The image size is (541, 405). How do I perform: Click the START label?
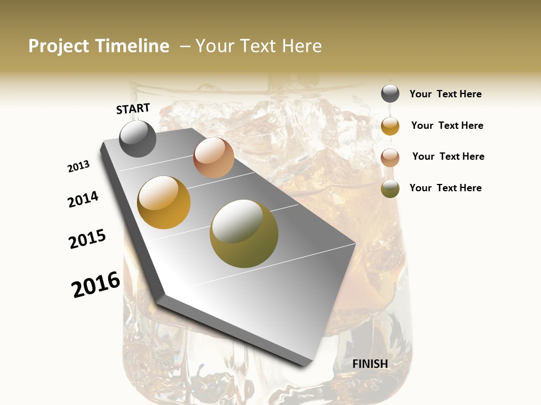point(133,109)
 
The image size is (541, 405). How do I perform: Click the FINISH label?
point(370,364)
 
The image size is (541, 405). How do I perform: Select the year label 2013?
point(79,166)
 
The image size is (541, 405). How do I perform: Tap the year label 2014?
point(83,199)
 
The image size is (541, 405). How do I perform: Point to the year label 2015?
point(87,239)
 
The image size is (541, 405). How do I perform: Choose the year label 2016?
point(96,285)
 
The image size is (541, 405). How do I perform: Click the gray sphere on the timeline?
point(138,138)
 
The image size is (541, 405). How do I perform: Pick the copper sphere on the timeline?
point(214,157)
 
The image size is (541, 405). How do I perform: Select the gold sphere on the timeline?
point(163,202)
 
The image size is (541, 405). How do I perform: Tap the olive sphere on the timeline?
point(244,233)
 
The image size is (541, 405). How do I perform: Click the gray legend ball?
point(390,93)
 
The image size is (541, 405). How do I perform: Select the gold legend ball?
point(390,125)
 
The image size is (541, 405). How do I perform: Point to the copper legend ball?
point(390,157)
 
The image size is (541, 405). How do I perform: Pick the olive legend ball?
point(390,188)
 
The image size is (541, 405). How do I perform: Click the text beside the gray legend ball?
point(445,94)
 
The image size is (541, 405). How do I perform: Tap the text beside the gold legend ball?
point(447,125)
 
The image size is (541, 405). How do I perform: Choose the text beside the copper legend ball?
point(448,156)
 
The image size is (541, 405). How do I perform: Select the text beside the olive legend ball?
point(445,188)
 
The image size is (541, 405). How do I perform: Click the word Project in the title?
point(58,47)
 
